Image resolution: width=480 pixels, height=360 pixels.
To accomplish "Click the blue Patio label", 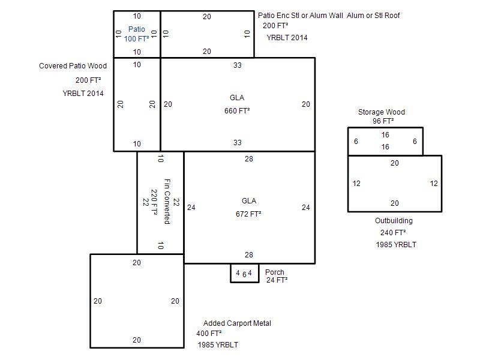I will (137, 29).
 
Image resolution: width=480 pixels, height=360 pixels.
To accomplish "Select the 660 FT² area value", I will (237, 111).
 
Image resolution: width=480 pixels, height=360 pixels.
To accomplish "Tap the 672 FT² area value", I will (248, 214).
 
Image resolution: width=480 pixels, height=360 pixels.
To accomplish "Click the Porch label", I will (275, 272).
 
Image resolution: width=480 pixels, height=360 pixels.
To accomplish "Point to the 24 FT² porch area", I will (277, 280).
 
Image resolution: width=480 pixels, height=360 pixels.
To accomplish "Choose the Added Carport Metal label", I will (237, 323).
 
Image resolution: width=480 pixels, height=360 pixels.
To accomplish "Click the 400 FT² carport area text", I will (209, 334).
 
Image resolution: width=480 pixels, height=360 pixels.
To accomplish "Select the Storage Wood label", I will (382, 112).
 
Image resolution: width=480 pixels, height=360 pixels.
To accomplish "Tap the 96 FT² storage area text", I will (383, 121).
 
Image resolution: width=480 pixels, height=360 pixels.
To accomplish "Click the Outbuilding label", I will (394, 221).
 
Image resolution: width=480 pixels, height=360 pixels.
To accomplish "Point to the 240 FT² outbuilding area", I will (393, 233).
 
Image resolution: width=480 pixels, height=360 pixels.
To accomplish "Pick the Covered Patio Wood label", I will (73, 66).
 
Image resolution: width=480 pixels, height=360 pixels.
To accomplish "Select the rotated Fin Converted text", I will (167, 201).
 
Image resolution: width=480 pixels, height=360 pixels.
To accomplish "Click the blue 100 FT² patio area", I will (137, 39).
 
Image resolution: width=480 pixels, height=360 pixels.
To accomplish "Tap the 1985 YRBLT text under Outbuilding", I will (396, 245).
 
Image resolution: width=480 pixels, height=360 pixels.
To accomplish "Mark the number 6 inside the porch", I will (244, 274).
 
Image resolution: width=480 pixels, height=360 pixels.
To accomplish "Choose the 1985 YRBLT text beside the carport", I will (218, 345).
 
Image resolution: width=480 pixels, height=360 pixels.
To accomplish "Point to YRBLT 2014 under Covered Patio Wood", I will (83, 94).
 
